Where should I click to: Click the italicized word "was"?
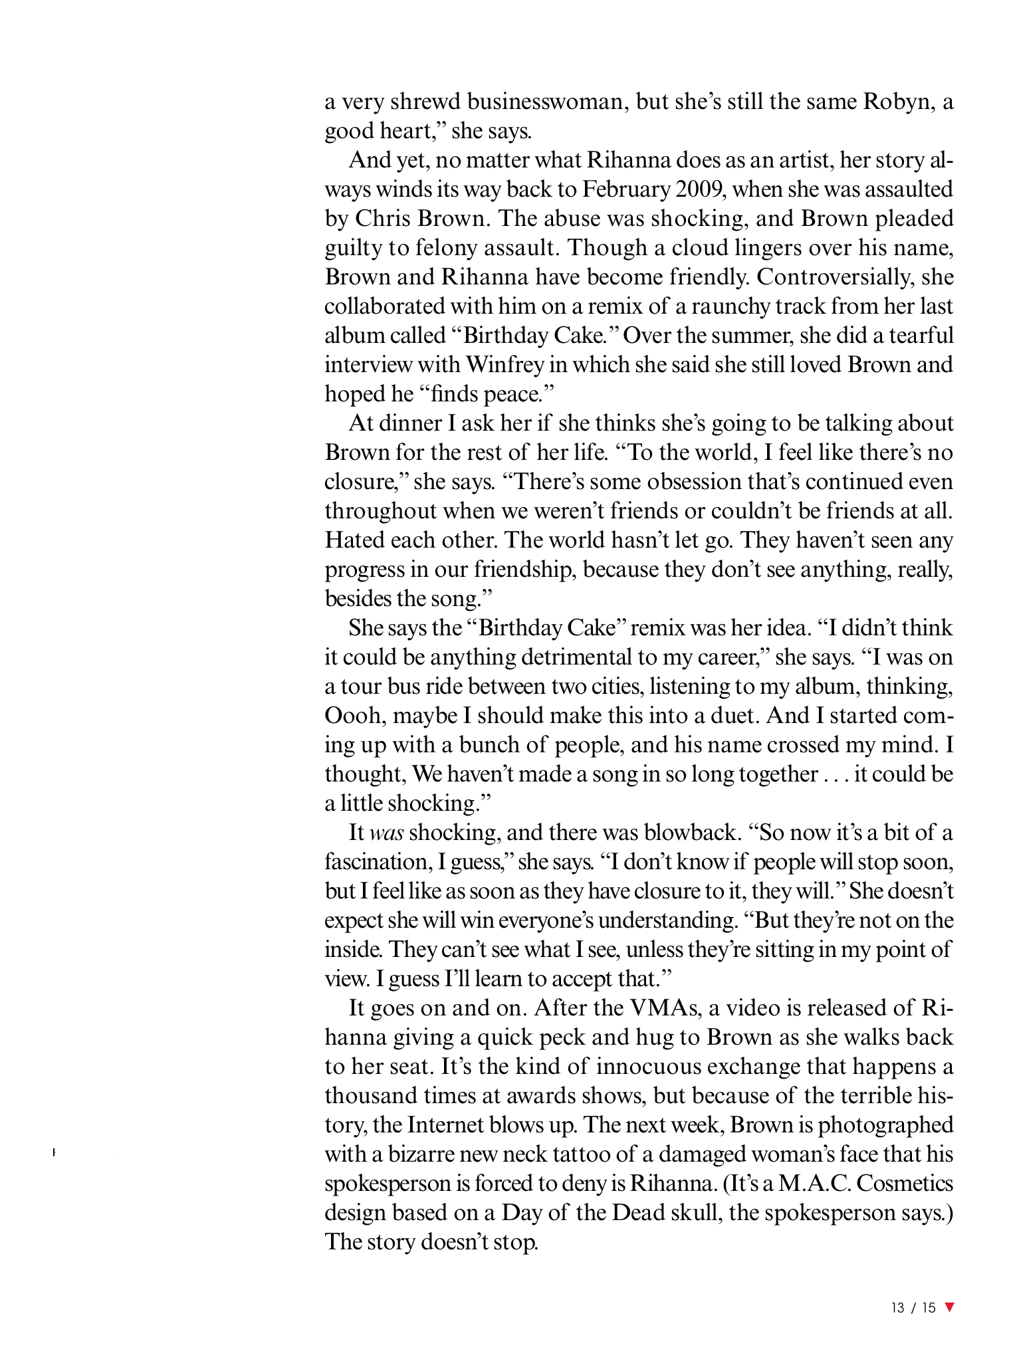point(387,833)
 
